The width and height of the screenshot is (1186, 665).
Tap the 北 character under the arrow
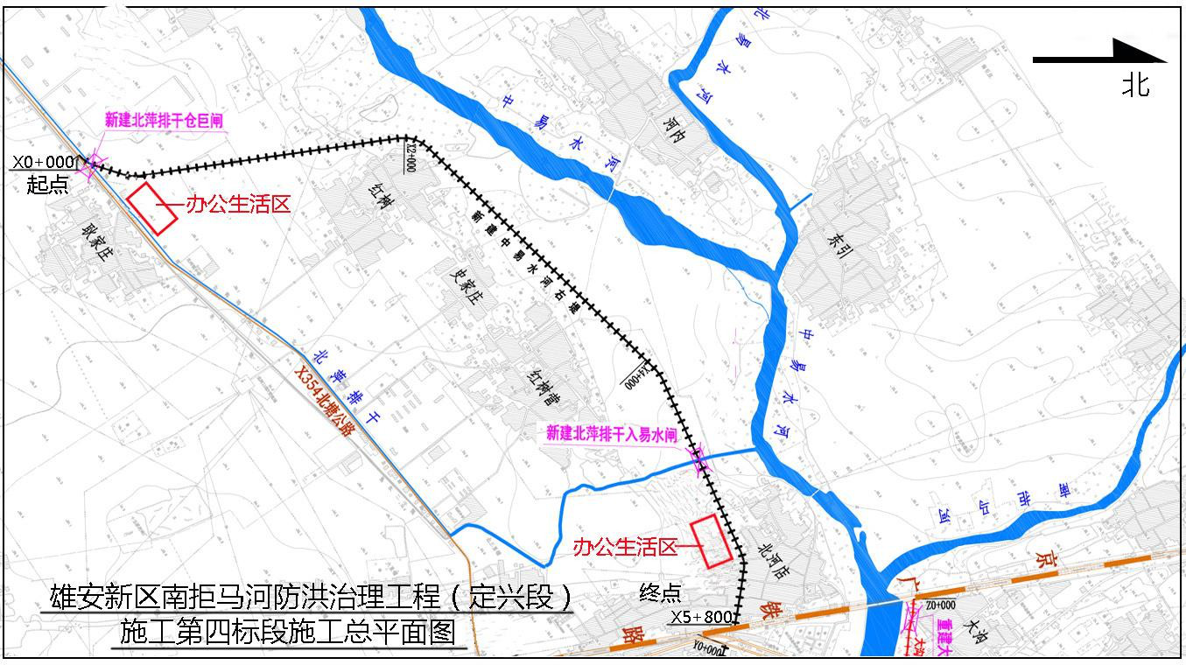[x=1136, y=85]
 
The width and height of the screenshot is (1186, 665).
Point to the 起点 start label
[x=47, y=185]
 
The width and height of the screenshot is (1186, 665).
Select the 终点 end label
[x=660, y=593]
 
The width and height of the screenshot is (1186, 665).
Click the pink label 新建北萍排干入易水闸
[x=612, y=433]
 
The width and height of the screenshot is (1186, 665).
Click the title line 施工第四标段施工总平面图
[x=288, y=632]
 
